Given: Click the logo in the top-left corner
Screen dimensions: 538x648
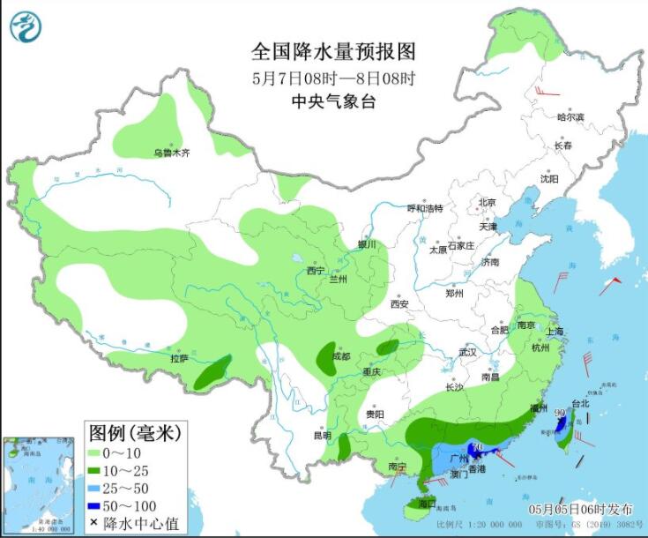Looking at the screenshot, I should point(26,26).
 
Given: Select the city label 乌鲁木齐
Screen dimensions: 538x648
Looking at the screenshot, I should point(172,153).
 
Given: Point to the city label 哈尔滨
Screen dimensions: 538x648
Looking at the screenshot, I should point(570,116).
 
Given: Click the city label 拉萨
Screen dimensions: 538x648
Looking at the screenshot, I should point(179,359).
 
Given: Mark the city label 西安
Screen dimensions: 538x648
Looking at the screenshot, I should point(399,304).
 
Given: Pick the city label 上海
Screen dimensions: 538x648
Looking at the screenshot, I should point(555,332).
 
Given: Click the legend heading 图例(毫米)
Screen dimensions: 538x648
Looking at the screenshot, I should point(135,432).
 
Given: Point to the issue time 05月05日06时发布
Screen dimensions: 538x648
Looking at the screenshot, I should point(580,510).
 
